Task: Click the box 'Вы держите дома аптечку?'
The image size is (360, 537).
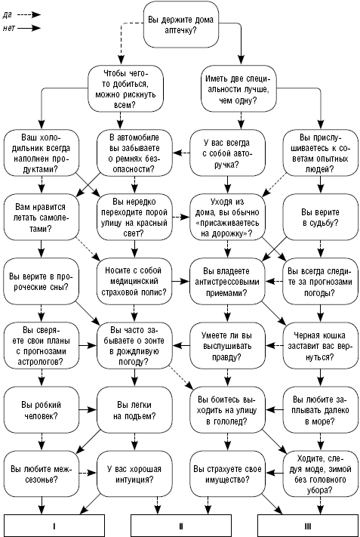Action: [x=180, y=25]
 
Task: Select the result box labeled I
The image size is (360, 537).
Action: [x=54, y=526]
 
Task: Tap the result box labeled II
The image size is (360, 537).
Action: [x=181, y=526]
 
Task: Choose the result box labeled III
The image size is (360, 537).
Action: [x=308, y=526]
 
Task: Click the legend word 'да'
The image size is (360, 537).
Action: [x=8, y=15]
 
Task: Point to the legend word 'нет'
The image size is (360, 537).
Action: [x=9, y=28]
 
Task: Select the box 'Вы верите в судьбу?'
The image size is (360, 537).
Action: [x=320, y=217]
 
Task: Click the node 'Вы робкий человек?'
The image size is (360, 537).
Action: [x=42, y=410]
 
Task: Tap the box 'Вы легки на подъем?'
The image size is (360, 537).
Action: [x=134, y=410]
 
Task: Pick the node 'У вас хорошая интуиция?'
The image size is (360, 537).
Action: [x=134, y=474]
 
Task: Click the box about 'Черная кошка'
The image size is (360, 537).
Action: [x=320, y=346]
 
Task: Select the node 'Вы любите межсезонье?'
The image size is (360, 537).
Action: [x=42, y=474]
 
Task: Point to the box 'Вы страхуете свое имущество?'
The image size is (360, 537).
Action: [x=228, y=474]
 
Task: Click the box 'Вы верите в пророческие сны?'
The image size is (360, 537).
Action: [x=42, y=282]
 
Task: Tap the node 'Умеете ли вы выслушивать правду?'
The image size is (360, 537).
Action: [x=228, y=346]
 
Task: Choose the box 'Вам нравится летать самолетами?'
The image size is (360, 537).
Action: [x=42, y=217]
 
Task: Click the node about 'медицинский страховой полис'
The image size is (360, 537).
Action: [x=134, y=282]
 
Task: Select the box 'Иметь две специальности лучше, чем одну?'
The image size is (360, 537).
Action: [x=238, y=89]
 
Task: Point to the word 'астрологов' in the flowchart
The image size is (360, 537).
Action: [x=41, y=362]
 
